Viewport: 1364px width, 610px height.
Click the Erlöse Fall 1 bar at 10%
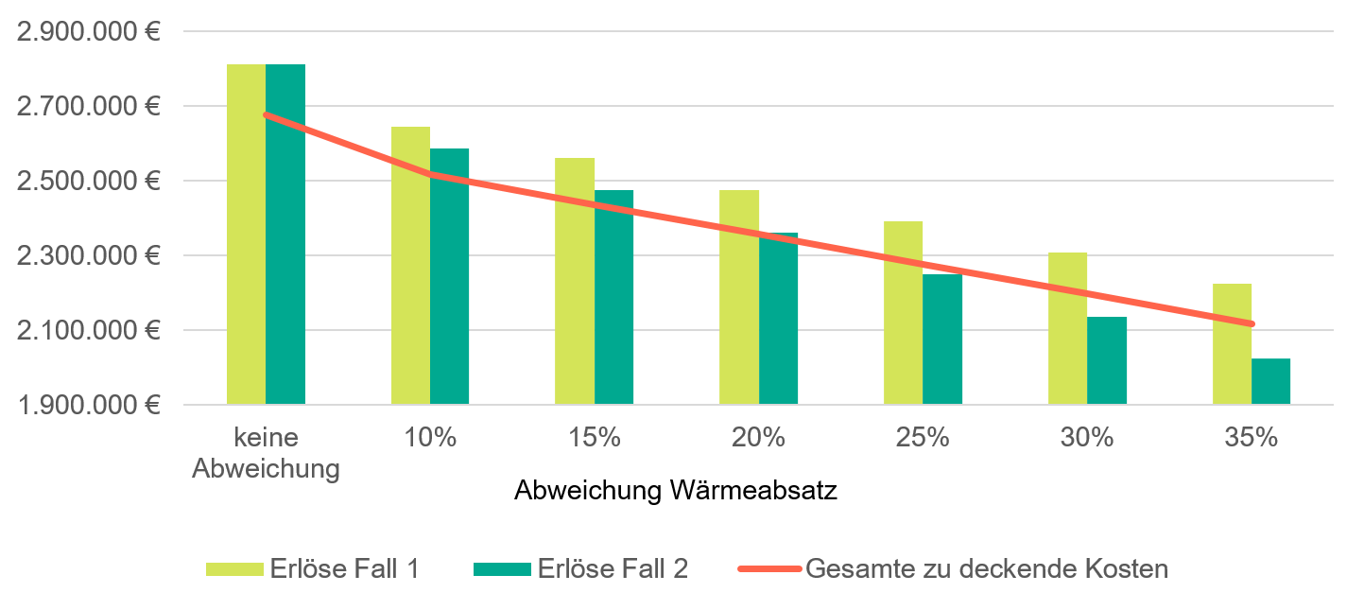(x=410, y=266)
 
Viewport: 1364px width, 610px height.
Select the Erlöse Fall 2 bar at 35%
(x=1270, y=381)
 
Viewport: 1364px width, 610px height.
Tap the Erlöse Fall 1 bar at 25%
(x=903, y=313)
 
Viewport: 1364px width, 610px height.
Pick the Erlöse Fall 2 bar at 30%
(x=1106, y=360)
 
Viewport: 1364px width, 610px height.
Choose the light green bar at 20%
(x=738, y=297)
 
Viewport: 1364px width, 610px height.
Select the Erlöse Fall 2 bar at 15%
(x=613, y=297)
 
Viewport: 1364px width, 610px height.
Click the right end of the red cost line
(x=1252, y=324)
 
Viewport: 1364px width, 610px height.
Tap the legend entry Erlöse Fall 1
(x=313, y=568)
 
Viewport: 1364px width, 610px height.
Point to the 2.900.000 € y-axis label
(x=87, y=31)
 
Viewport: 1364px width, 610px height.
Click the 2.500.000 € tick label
(x=87, y=181)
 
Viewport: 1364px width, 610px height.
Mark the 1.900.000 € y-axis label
(x=87, y=405)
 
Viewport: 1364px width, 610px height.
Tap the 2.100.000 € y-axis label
(x=87, y=330)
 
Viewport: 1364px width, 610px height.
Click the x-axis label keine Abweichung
(x=266, y=453)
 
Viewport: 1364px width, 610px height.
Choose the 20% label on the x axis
(x=758, y=438)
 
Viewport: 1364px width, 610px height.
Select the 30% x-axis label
(x=1087, y=438)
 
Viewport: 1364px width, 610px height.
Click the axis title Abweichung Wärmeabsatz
(x=676, y=492)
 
